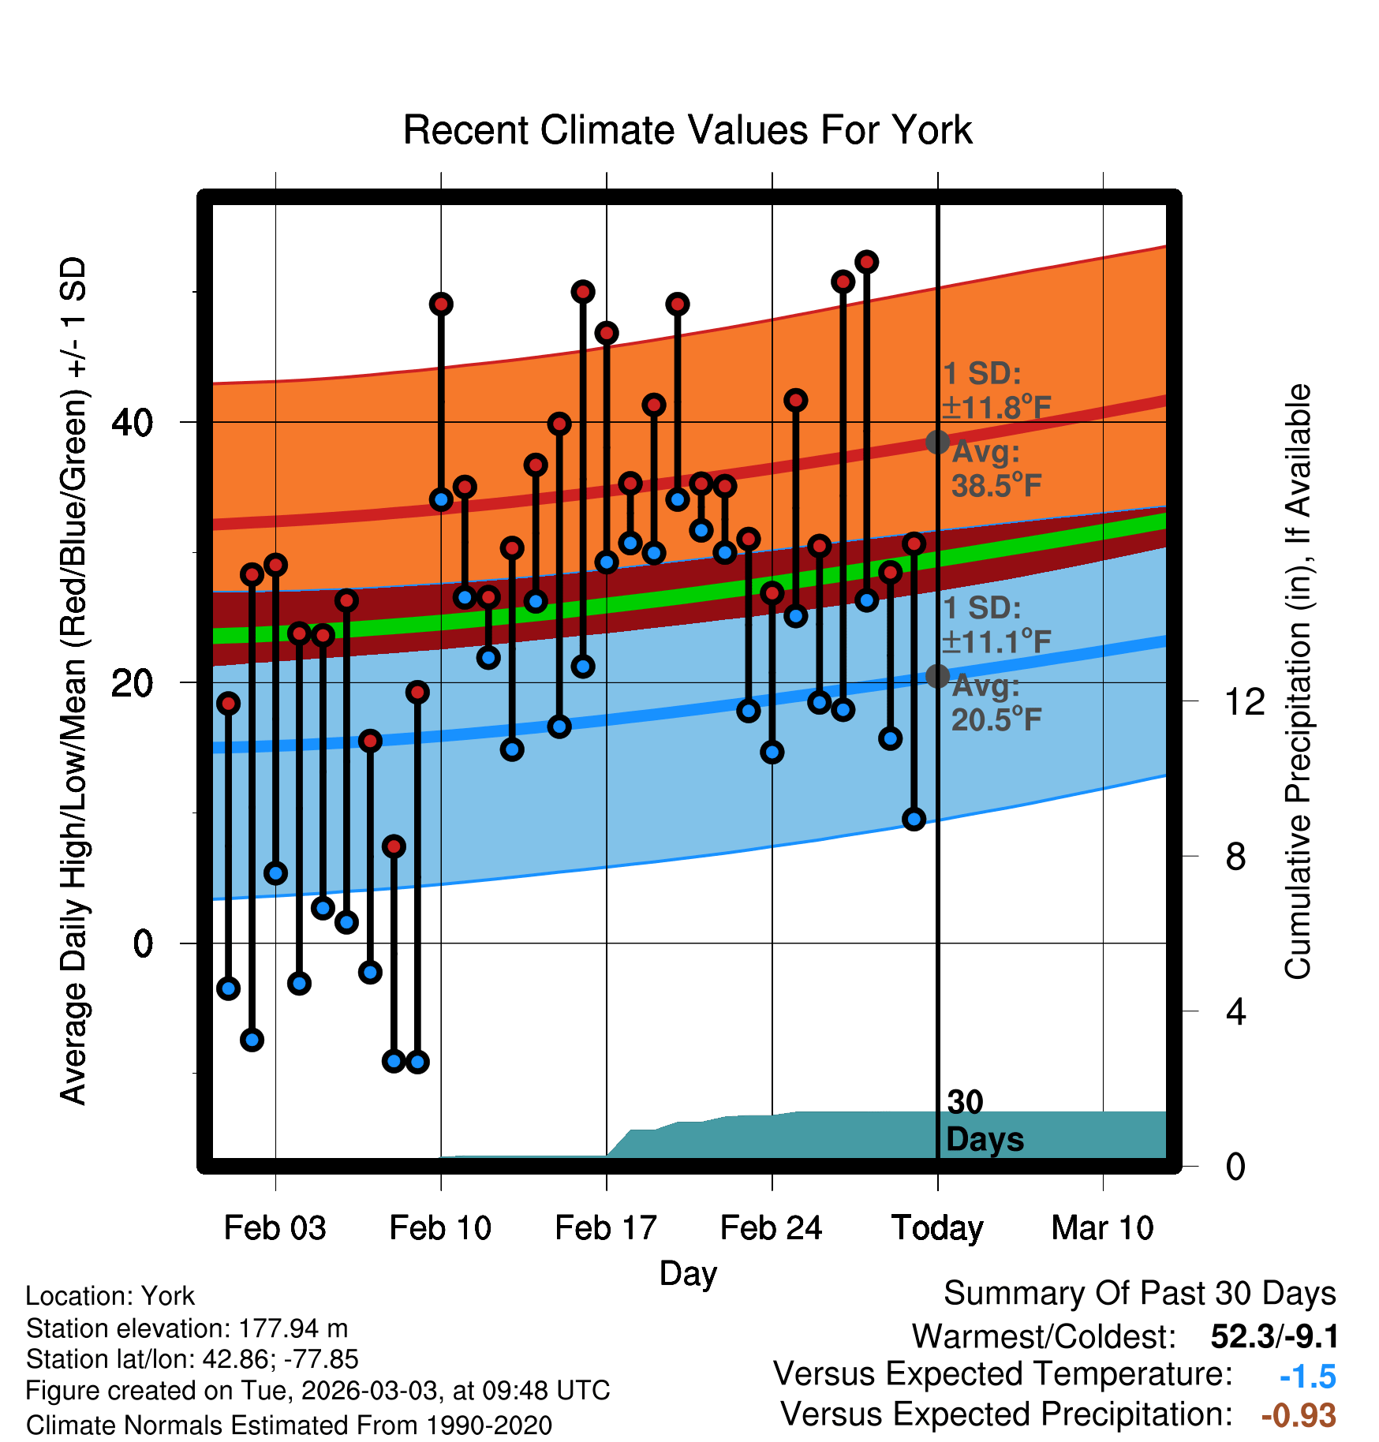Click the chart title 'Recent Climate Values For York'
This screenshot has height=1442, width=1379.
coord(687,130)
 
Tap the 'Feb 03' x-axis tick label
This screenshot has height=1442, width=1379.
coord(275,1227)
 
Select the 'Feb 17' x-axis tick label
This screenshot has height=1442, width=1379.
coord(606,1227)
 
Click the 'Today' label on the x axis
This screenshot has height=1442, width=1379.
coord(937,1228)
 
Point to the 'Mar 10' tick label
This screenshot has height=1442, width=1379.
coord(1103,1227)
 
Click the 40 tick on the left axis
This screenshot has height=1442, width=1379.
coord(133,423)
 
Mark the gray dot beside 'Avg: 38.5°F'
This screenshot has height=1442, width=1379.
coord(937,442)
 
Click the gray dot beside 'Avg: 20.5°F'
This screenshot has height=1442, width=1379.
coord(937,676)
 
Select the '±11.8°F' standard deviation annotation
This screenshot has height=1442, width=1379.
coord(997,408)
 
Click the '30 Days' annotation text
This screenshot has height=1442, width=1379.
coord(985,1121)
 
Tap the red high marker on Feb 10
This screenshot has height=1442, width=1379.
coord(441,304)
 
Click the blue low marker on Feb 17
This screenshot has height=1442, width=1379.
coord(607,562)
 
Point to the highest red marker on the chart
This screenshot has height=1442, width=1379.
coord(867,261)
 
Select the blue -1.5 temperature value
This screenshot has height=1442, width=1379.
coord(1308,1377)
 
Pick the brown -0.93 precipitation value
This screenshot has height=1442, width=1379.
coord(1299,1416)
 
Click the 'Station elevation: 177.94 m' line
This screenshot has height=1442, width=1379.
coord(187,1328)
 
